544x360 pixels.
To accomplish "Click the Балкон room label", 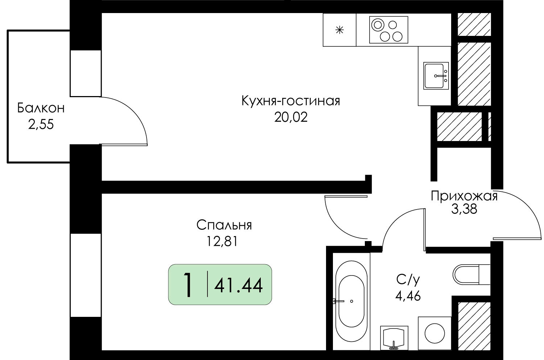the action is [41, 108].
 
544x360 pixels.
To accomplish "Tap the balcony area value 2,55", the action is [41, 125].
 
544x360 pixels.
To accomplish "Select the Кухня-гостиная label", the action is [291, 101].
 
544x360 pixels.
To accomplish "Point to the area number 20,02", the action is [291, 117].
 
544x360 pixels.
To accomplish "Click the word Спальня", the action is [224, 225].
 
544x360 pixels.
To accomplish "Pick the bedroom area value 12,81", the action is [222, 241].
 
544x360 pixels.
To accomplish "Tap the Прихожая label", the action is [464, 196].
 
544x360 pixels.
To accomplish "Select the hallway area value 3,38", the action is [464, 209].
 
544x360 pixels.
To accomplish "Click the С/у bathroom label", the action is [408, 280].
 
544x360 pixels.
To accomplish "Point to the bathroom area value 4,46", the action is [408, 296].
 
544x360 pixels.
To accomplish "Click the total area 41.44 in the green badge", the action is [239, 286].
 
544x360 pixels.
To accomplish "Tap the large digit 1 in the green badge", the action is [187, 285].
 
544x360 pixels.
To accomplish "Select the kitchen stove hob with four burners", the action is [388, 30].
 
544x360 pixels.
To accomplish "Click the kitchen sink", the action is [436, 76].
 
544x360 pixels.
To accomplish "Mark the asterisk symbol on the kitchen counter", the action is [339, 30].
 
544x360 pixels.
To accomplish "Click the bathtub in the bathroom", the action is [351, 302].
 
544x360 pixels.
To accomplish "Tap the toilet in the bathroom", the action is [471, 274].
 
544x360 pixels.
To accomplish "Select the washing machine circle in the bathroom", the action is [435, 333].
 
